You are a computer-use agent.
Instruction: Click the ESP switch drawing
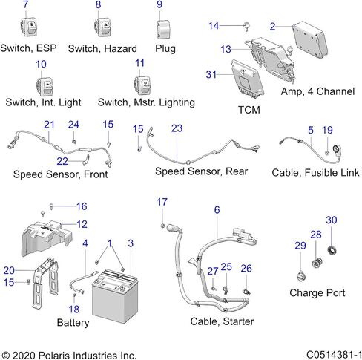[29, 26]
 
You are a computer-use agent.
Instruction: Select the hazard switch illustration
[102, 27]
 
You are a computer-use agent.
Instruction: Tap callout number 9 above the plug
[159, 4]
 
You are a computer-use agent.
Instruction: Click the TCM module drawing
[248, 77]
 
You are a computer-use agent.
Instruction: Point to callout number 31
[211, 74]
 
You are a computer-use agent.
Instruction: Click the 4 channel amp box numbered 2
[310, 40]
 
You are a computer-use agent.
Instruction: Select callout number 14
[214, 26]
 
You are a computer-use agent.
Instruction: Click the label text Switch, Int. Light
[43, 102]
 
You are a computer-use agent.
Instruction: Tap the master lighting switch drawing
[142, 85]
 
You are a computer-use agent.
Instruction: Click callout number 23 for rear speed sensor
[177, 128]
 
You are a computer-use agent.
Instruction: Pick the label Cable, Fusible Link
[315, 173]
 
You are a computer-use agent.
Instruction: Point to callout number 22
[62, 161]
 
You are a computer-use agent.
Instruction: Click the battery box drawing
[115, 295]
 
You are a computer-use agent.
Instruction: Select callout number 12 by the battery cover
[82, 224]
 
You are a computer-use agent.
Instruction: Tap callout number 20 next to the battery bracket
[9, 270]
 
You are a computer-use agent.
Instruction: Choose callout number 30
[332, 220]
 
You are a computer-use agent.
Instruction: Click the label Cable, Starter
[222, 321]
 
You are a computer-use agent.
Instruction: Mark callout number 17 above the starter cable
[162, 202]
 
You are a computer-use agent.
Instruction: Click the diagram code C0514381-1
[334, 355]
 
